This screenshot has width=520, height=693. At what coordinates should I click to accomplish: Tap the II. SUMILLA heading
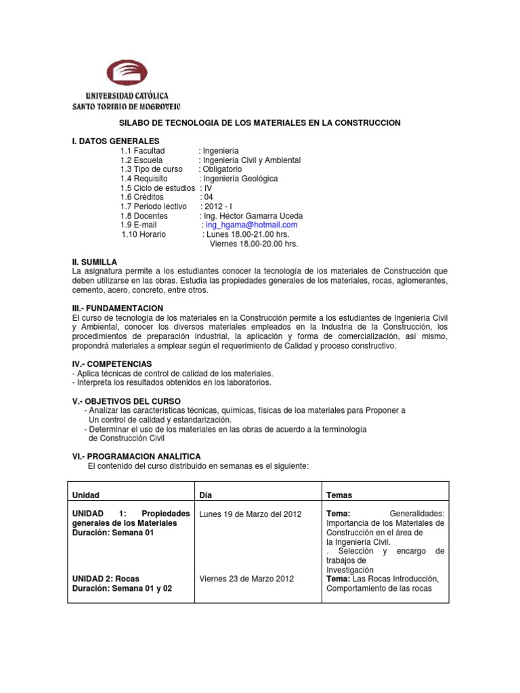coord(94,261)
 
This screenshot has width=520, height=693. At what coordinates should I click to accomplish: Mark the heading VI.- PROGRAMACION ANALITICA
coord(136,457)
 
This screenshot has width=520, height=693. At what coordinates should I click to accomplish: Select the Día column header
coord(206,495)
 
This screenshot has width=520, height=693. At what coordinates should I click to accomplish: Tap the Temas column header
coord(339,495)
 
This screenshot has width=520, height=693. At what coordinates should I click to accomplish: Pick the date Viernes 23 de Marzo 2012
coord(246,579)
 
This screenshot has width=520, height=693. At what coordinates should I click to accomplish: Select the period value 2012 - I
coord(216,206)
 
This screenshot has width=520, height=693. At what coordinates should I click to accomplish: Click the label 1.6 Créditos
coord(142,197)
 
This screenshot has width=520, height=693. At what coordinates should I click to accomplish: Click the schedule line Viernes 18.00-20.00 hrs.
coord(254,244)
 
